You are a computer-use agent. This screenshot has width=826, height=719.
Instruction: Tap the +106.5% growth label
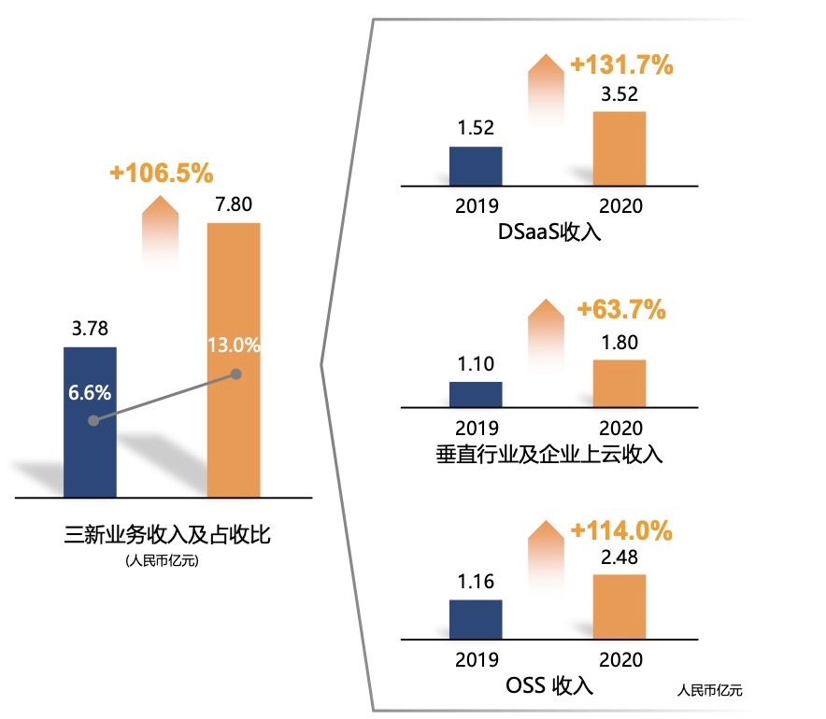161,173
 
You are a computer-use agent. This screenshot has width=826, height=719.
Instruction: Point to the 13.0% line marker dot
236,374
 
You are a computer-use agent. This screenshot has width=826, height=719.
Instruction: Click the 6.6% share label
90,392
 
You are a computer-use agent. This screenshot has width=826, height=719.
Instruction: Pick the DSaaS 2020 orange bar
619,149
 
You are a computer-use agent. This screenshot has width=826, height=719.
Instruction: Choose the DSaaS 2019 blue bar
476,166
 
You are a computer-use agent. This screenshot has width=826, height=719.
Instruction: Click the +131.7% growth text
621,65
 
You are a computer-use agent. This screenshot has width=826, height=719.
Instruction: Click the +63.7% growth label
621,309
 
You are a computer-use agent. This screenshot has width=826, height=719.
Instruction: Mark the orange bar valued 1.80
619,383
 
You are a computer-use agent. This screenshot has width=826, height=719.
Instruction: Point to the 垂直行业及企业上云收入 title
549,455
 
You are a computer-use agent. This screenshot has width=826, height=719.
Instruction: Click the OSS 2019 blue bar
476,619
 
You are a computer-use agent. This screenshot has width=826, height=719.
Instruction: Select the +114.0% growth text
621,530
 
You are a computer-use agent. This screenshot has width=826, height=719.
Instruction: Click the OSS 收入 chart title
549,685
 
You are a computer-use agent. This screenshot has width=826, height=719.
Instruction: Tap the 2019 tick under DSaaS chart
477,205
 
